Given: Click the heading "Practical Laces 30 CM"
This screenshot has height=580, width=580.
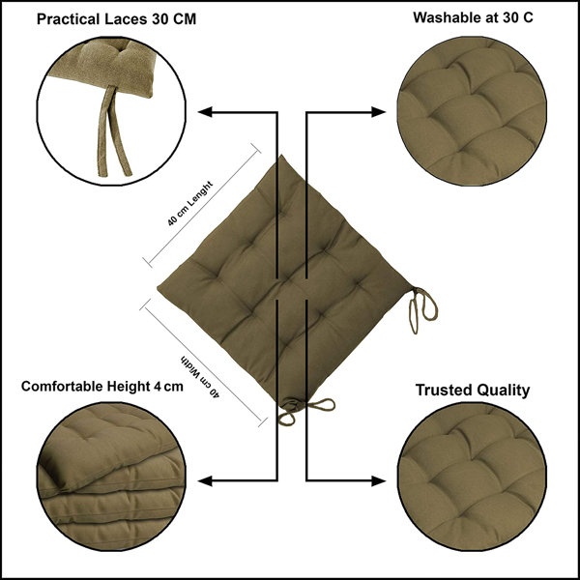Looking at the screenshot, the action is [x=116, y=19].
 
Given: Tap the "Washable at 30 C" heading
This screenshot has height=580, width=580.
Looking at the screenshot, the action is [x=473, y=17].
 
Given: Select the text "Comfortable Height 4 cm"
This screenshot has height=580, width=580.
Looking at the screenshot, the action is [x=102, y=387].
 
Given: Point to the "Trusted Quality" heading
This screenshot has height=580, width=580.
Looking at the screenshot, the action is [x=473, y=391].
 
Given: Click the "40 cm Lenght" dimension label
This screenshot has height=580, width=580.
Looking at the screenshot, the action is [x=190, y=203].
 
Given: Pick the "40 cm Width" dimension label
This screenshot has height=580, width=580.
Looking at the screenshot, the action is [x=200, y=377].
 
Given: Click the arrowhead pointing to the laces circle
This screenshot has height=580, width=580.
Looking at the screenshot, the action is [x=205, y=112].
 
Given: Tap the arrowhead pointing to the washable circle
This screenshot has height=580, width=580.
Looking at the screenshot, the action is [x=378, y=112].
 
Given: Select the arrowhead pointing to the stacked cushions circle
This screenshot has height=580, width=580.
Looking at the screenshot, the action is [x=205, y=480].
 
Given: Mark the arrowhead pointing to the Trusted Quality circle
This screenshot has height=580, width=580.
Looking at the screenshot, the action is [x=378, y=480].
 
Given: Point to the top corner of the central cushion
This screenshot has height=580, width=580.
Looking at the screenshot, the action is [x=282, y=156].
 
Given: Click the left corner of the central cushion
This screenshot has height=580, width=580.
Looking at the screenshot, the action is [x=159, y=288].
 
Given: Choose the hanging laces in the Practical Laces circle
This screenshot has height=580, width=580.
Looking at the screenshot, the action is [x=113, y=131].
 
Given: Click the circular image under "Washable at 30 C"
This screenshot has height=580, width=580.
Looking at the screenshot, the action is [x=472, y=111].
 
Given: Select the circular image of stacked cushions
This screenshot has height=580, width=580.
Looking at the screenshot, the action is [x=111, y=477].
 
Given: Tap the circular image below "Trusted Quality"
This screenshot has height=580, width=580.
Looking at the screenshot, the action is [x=472, y=477].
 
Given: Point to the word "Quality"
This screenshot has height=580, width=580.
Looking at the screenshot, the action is [x=503, y=391].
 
